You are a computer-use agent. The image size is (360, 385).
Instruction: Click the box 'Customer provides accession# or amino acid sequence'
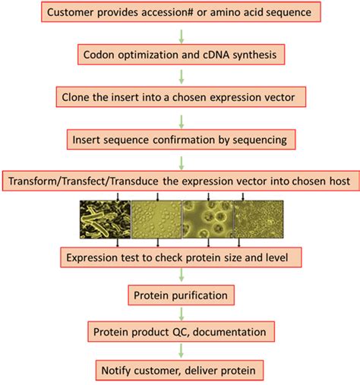[x=181, y=12]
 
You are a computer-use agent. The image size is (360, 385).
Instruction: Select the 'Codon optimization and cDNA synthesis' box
[x=180, y=55]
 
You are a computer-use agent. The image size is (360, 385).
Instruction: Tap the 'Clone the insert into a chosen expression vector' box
[x=181, y=98]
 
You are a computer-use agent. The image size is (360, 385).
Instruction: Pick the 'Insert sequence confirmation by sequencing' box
[x=181, y=140]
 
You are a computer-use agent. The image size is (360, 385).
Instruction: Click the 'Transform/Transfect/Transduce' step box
[x=180, y=183]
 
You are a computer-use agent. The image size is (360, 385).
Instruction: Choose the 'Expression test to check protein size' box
[x=181, y=258]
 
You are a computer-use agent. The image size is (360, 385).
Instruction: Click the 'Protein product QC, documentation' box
[x=181, y=332]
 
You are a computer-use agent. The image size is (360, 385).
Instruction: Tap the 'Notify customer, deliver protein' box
[x=181, y=370]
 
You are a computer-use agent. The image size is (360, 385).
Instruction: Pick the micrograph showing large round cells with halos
[x=206, y=220]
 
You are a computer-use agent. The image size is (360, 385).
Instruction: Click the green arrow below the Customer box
[x=181, y=33]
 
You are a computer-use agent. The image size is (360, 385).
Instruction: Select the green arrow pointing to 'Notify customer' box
[x=181, y=351]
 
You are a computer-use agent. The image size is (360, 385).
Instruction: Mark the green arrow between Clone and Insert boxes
[x=181, y=119]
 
